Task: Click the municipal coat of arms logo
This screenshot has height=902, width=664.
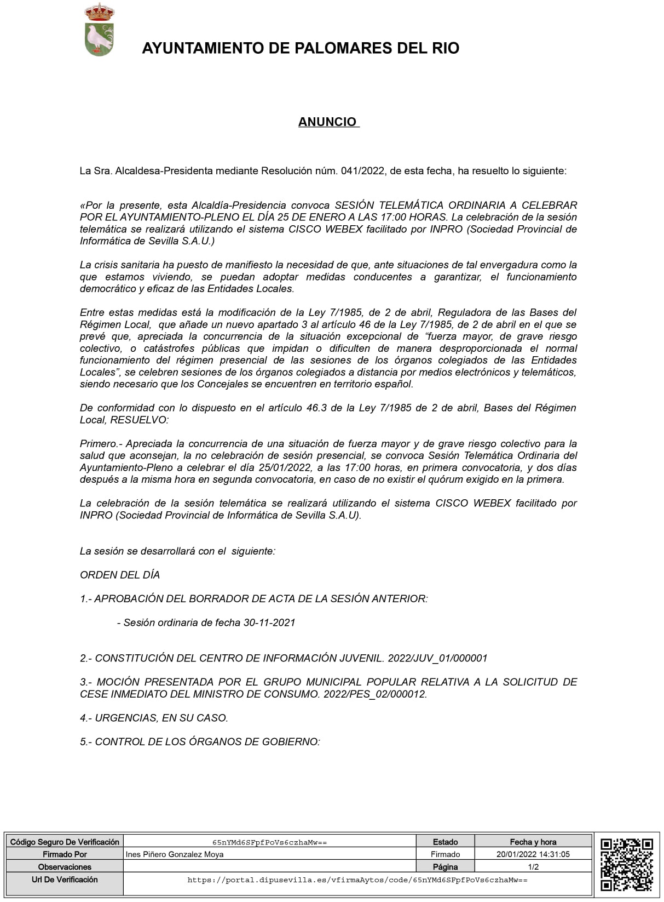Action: (100, 30)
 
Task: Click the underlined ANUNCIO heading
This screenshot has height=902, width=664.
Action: (328, 122)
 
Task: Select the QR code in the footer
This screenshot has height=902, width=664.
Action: (627, 864)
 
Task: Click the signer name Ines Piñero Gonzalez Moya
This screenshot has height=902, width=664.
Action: (175, 854)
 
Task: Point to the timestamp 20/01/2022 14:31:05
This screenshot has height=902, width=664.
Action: (533, 854)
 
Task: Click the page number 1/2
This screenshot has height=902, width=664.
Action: (533, 867)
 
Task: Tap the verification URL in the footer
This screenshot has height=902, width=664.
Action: (357, 880)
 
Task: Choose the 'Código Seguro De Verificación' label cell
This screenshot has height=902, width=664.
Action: (65, 842)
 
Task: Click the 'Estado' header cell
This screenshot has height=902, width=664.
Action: (445, 842)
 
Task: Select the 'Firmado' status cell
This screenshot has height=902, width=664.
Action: (445, 854)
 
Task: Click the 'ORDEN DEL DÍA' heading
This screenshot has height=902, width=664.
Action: (120, 575)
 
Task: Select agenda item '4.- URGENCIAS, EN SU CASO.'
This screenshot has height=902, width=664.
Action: (154, 718)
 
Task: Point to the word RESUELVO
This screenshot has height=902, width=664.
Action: (139, 420)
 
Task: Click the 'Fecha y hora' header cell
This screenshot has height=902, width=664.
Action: (533, 842)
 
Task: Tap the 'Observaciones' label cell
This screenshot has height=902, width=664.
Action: (65, 867)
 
